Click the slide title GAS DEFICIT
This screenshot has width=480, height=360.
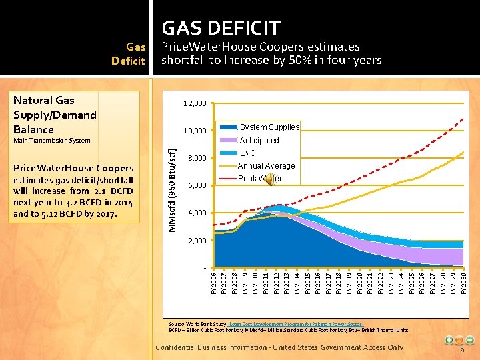pos(221,28)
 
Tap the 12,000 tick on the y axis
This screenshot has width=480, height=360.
pos(195,103)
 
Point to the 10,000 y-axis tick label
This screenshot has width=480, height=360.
pos(195,131)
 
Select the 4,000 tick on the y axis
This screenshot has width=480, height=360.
pos(197,213)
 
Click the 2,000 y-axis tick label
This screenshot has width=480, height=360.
pos(197,240)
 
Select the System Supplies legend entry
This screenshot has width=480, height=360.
pos(269,127)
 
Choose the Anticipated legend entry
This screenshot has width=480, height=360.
pos(259,140)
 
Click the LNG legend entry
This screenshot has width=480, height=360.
pos(247,153)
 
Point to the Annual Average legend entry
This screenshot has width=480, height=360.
pos(265,166)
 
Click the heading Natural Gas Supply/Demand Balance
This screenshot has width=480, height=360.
pos(55,115)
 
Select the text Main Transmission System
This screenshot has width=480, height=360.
pos(52,141)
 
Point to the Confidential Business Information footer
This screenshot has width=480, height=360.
pos(279,347)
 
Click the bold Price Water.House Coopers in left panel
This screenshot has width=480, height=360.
pos(74,168)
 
